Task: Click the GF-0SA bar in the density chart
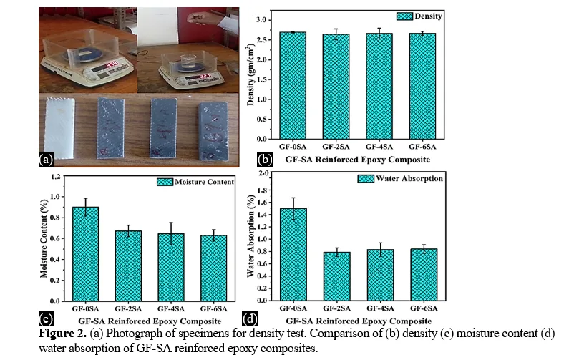coord(293,85)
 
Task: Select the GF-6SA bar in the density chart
coord(422,86)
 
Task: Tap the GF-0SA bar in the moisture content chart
coord(85,254)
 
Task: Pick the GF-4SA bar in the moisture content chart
coord(171,268)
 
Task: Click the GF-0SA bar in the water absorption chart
coord(293,255)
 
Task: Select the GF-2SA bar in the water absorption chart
coord(337,276)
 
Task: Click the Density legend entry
coord(419,16)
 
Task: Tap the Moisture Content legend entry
coord(195,182)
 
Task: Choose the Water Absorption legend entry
coord(400,178)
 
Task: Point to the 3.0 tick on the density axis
coord(261,20)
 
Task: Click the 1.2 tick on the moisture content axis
coord(55,177)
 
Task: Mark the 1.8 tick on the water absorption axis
coord(263,190)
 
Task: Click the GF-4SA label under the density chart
coord(379,147)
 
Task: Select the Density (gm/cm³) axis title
coord(250,74)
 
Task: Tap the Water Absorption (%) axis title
coord(250,236)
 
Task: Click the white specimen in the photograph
coord(59,128)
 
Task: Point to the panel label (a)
coord(46,160)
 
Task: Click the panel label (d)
coord(250,318)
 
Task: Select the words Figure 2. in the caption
coord(63,334)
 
